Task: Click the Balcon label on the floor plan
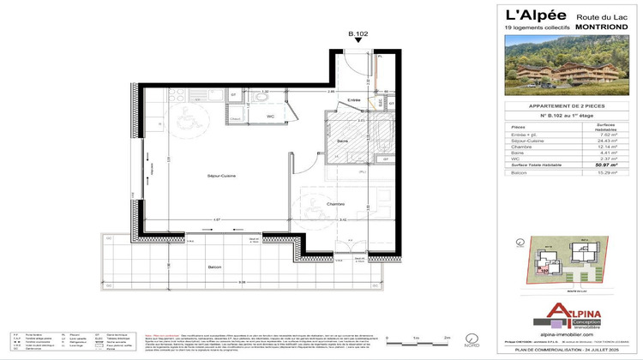coord(214,267)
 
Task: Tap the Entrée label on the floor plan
coord(353,100)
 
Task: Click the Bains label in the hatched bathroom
coord(341,141)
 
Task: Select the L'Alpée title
coord(530,15)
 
